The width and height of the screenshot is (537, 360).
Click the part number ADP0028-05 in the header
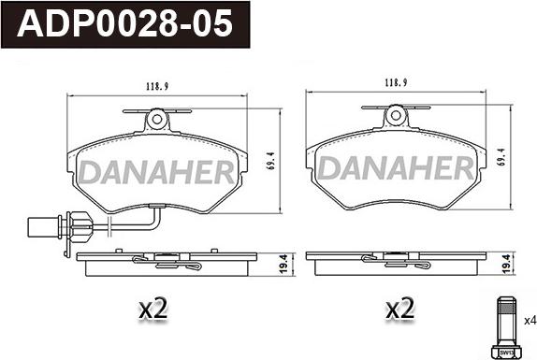[x=124, y=23]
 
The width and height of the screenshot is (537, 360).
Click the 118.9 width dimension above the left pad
[x=157, y=87]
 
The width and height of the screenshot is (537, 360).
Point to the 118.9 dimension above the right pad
[x=396, y=82]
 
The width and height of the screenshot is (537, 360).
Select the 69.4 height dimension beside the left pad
[x=271, y=161]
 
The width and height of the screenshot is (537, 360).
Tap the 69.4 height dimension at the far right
[x=501, y=157]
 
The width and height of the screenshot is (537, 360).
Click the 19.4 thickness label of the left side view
[x=283, y=264]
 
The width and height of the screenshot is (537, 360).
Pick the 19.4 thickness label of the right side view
[x=507, y=264]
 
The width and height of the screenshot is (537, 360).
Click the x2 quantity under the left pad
[x=153, y=308]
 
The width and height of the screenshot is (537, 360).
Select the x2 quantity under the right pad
[x=400, y=308]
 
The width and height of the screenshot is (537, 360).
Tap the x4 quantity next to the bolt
[x=530, y=321]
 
